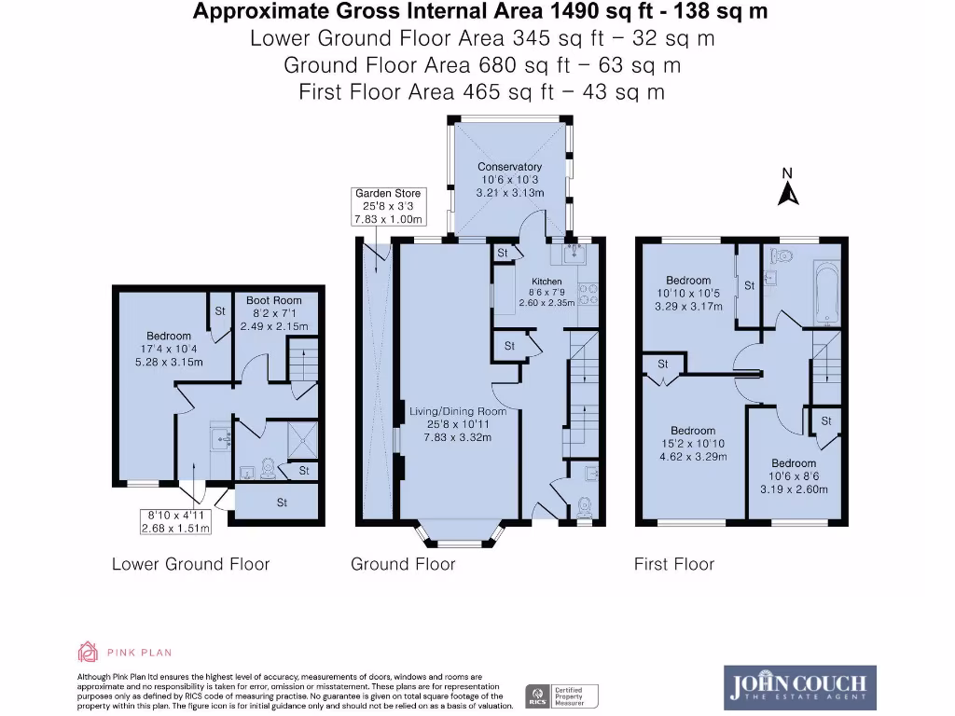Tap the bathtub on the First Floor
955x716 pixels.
pyautogui.click(x=825, y=292)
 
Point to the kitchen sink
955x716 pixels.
pyautogui.click(x=568, y=252)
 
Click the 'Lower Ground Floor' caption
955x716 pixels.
pyautogui.click(x=190, y=564)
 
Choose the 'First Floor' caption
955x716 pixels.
pyautogui.click(x=673, y=564)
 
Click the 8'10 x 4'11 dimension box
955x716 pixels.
pyautogui.click(x=176, y=521)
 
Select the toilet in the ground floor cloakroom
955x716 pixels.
pyautogui.click(x=586, y=504)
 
